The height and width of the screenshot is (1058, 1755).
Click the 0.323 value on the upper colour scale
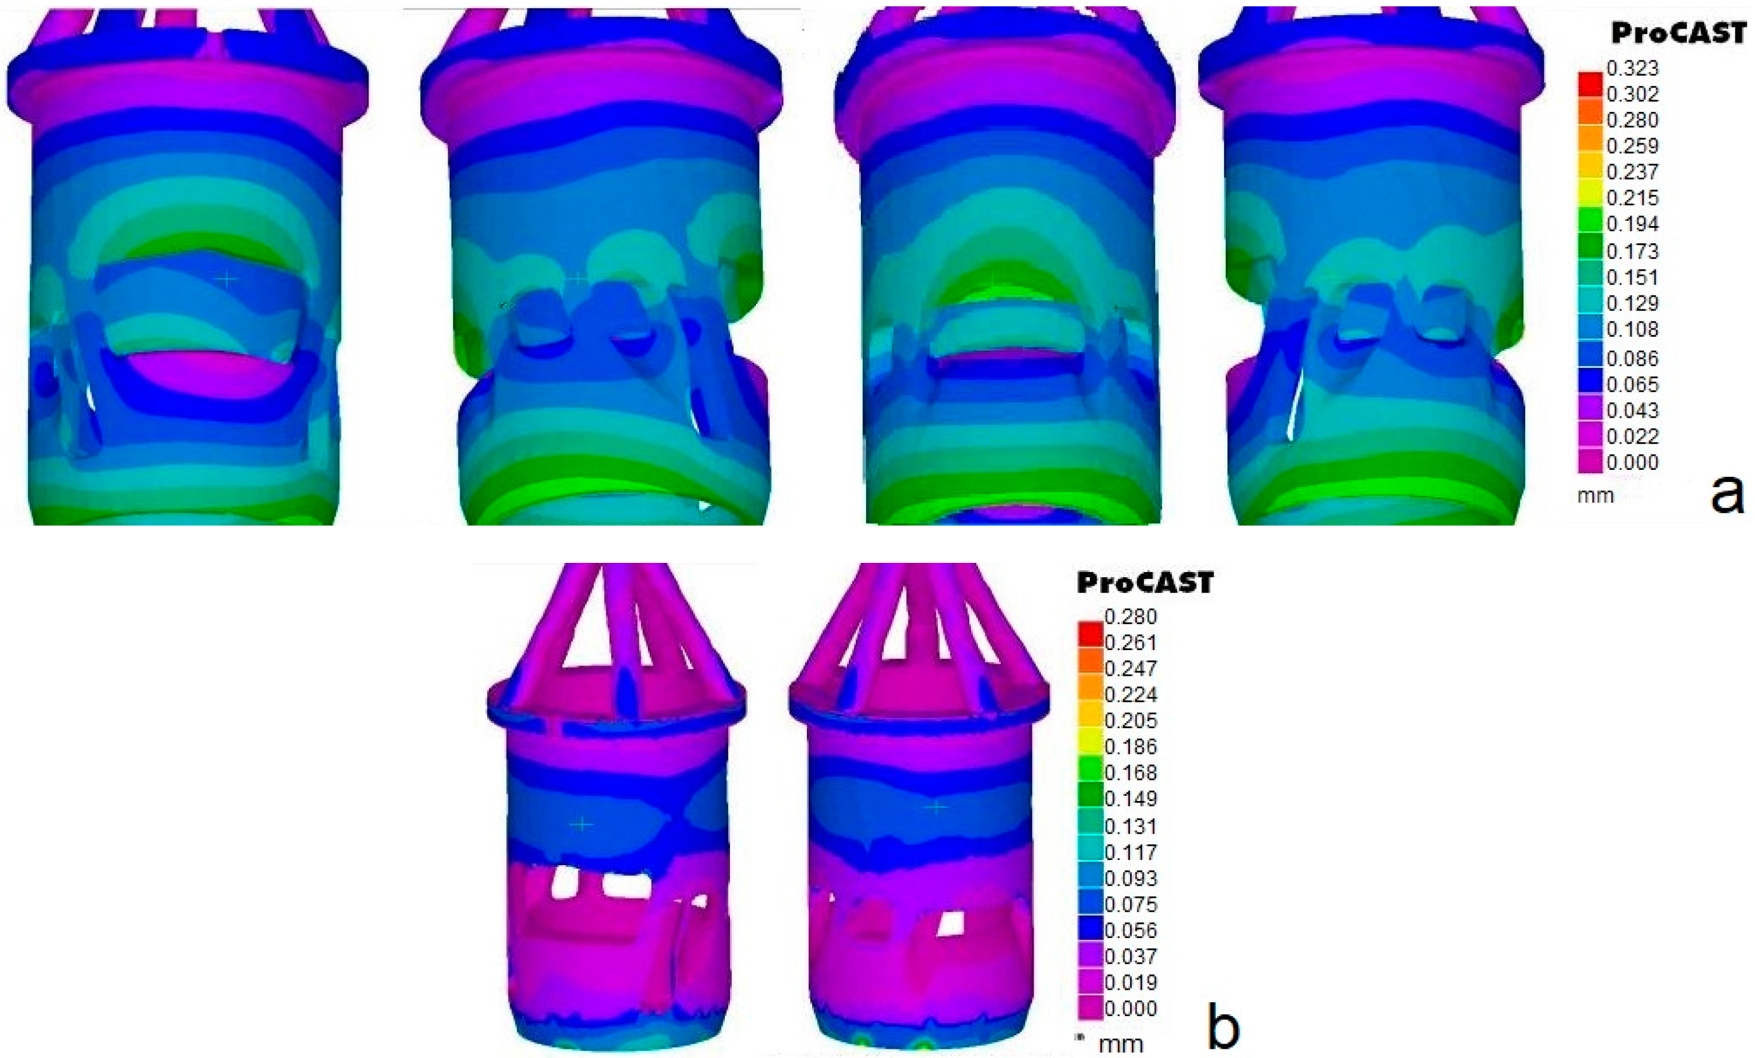(x=1633, y=68)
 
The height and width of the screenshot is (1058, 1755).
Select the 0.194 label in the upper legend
(x=1633, y=224)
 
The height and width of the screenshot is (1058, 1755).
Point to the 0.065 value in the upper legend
(x=1633, y=384)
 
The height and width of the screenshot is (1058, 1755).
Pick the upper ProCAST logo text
(x=1678, y=33)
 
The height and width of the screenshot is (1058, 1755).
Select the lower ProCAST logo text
(x=1144, y=583)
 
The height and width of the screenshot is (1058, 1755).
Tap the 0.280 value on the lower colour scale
(x=1131, y=617)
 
